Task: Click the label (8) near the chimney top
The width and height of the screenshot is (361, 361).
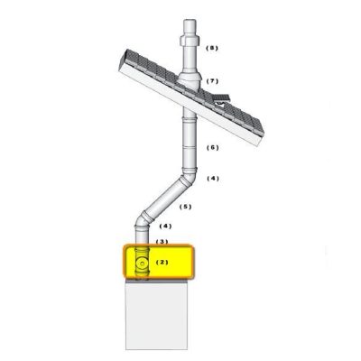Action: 212,48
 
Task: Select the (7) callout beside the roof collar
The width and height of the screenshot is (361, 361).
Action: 212,81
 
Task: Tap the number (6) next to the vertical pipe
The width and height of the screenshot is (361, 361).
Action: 213,147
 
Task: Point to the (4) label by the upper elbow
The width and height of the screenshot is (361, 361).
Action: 213,179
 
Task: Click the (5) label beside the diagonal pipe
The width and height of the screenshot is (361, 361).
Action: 185,207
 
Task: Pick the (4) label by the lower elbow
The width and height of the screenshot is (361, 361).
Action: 165,226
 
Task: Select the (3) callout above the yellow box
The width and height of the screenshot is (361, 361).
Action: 162,241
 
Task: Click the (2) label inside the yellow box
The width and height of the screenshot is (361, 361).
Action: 162,263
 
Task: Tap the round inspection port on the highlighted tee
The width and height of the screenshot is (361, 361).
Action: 142,264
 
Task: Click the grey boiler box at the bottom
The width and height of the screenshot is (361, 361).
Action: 156,316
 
